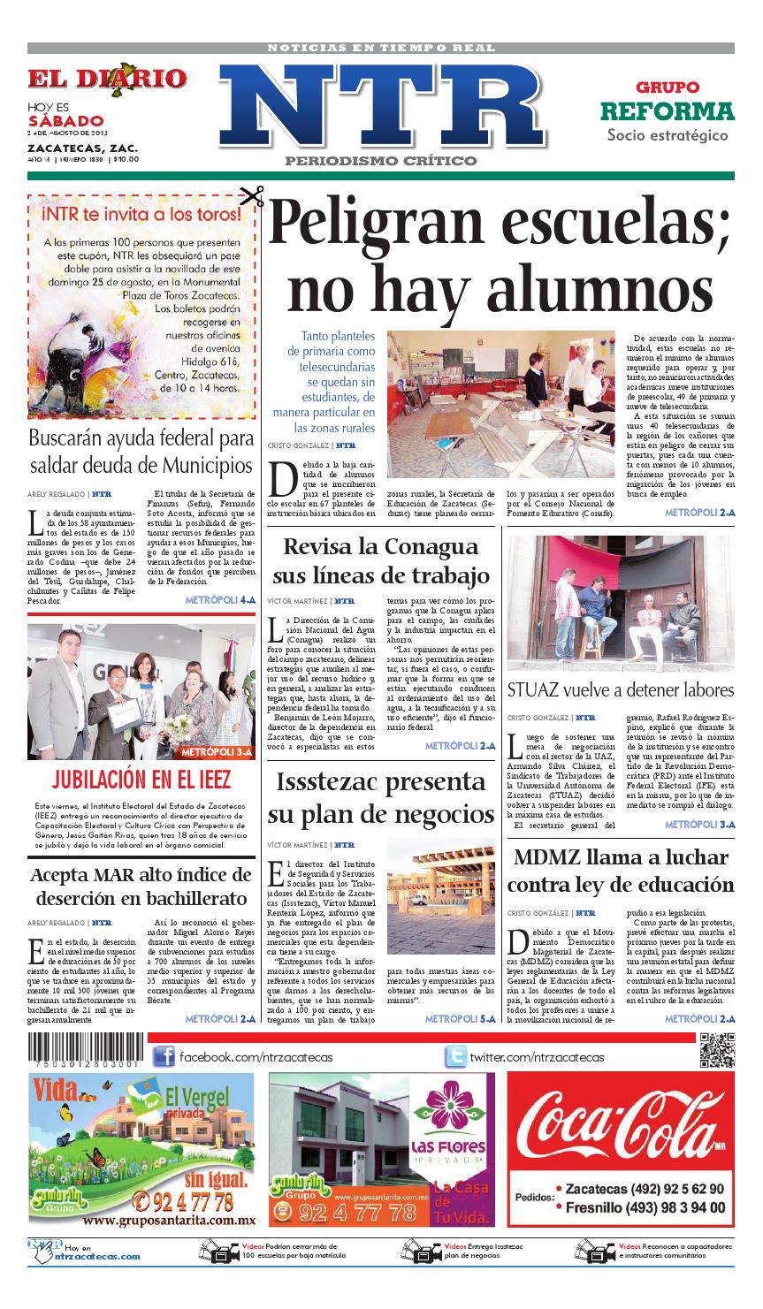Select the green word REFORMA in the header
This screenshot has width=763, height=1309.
[668, 111]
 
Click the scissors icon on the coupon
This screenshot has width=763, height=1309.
[256, 197]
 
